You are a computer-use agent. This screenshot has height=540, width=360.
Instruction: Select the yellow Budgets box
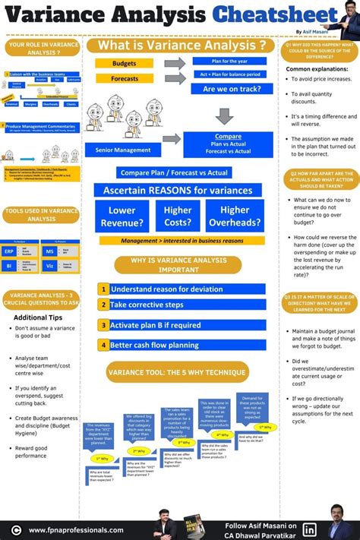[125, 63]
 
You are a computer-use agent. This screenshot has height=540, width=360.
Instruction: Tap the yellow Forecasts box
[125, 79]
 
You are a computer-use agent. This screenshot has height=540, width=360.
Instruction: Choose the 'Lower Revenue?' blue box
[122, 216]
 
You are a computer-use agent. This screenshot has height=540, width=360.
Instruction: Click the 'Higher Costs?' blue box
[178, 216]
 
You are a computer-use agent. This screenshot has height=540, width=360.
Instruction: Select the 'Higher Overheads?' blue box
[235, 216]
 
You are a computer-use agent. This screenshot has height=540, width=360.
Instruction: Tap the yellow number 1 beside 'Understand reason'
[103, 289]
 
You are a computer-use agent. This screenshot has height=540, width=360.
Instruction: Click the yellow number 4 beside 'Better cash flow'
[103, 345]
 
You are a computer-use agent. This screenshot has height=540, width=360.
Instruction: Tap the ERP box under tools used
[10, 251]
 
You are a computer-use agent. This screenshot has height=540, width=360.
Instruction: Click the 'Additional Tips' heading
[39, 317]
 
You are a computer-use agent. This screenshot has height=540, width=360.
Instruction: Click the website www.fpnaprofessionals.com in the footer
[76, 530]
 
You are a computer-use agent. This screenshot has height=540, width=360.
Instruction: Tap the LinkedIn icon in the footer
[310, 529]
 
